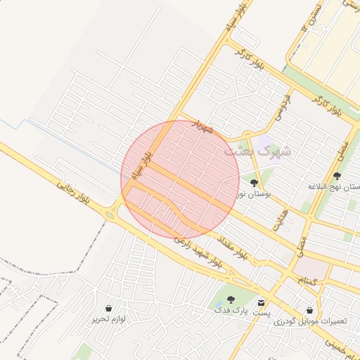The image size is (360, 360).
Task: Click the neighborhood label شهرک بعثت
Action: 259,150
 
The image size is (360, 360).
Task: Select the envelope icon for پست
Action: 262,301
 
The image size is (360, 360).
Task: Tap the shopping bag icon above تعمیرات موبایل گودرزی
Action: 310,309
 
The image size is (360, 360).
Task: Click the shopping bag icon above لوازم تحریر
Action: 108,308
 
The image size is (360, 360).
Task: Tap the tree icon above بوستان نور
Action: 254,182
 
